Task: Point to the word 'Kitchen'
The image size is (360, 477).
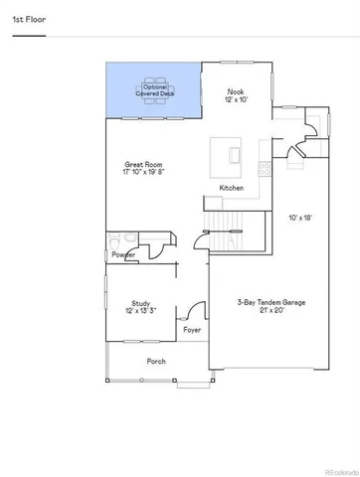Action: [232, 188]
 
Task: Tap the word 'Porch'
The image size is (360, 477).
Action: [156, 361]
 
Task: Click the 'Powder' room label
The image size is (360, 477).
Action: [124, 255]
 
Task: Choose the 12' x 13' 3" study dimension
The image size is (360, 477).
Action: [140, 312]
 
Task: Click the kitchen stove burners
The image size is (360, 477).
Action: [264, 170]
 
